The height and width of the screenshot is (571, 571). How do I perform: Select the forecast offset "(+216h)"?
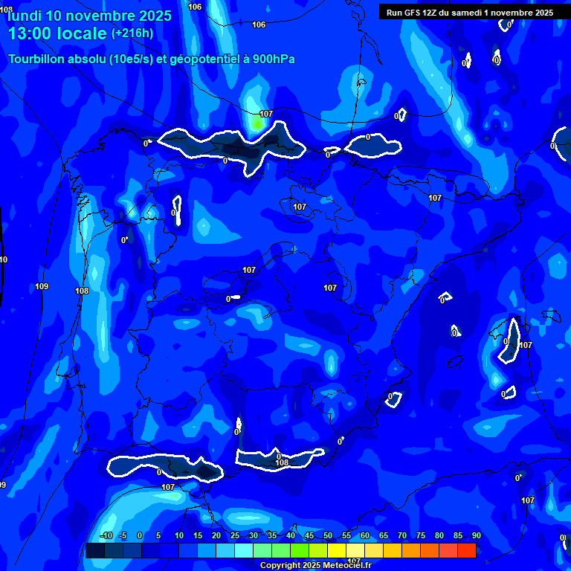[132, 33]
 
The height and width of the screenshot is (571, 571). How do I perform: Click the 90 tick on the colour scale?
[476, 536]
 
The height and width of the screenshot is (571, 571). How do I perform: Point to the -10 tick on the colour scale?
[106, 536]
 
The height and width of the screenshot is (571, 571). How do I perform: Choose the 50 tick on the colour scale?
[328, 536]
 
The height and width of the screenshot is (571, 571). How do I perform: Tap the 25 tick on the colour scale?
[235, 536]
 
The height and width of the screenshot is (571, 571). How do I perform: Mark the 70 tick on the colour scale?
[402, 536]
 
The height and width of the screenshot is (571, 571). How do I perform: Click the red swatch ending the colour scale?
[466, 550]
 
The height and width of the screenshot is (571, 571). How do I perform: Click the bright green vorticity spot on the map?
[257, 123]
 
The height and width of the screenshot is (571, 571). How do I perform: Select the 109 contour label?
[42, 286]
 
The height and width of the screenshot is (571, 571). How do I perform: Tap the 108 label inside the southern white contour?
[282, 463]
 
